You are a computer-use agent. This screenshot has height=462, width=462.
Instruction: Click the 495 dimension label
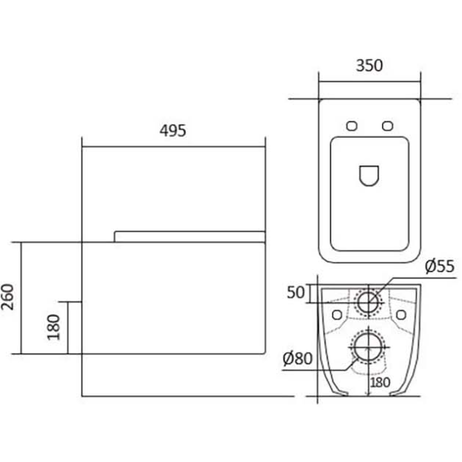click(x=173, y=131)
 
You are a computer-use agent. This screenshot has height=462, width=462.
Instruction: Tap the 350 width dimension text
click(x=369, y=66)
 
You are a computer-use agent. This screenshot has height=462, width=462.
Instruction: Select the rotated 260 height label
click(x=8, y=297)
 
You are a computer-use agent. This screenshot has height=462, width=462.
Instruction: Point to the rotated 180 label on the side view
click(x=54, y=327)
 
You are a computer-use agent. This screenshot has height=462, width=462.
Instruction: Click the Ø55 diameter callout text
click(x=440, y=266)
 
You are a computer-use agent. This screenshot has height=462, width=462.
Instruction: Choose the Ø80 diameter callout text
click(x=297, y=359)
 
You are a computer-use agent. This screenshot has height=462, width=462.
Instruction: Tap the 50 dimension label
click(x=296, y=292)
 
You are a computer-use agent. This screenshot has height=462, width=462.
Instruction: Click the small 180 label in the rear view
click(x=380, y=383)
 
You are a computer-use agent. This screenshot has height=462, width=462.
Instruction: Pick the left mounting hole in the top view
click(x=352, y=126)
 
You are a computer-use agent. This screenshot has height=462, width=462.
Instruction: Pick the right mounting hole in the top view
click(x=388, y=126)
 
